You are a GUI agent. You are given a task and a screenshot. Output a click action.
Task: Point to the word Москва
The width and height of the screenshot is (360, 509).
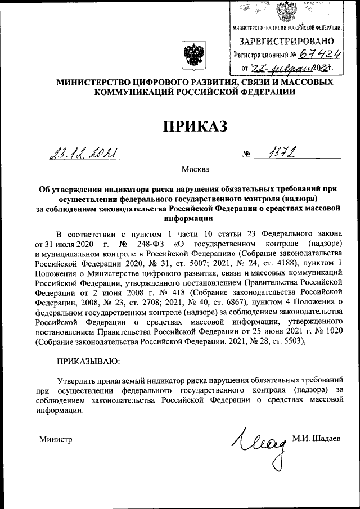click(195, 169)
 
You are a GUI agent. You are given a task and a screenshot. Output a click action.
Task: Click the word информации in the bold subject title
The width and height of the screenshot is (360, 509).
click(188, 218)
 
